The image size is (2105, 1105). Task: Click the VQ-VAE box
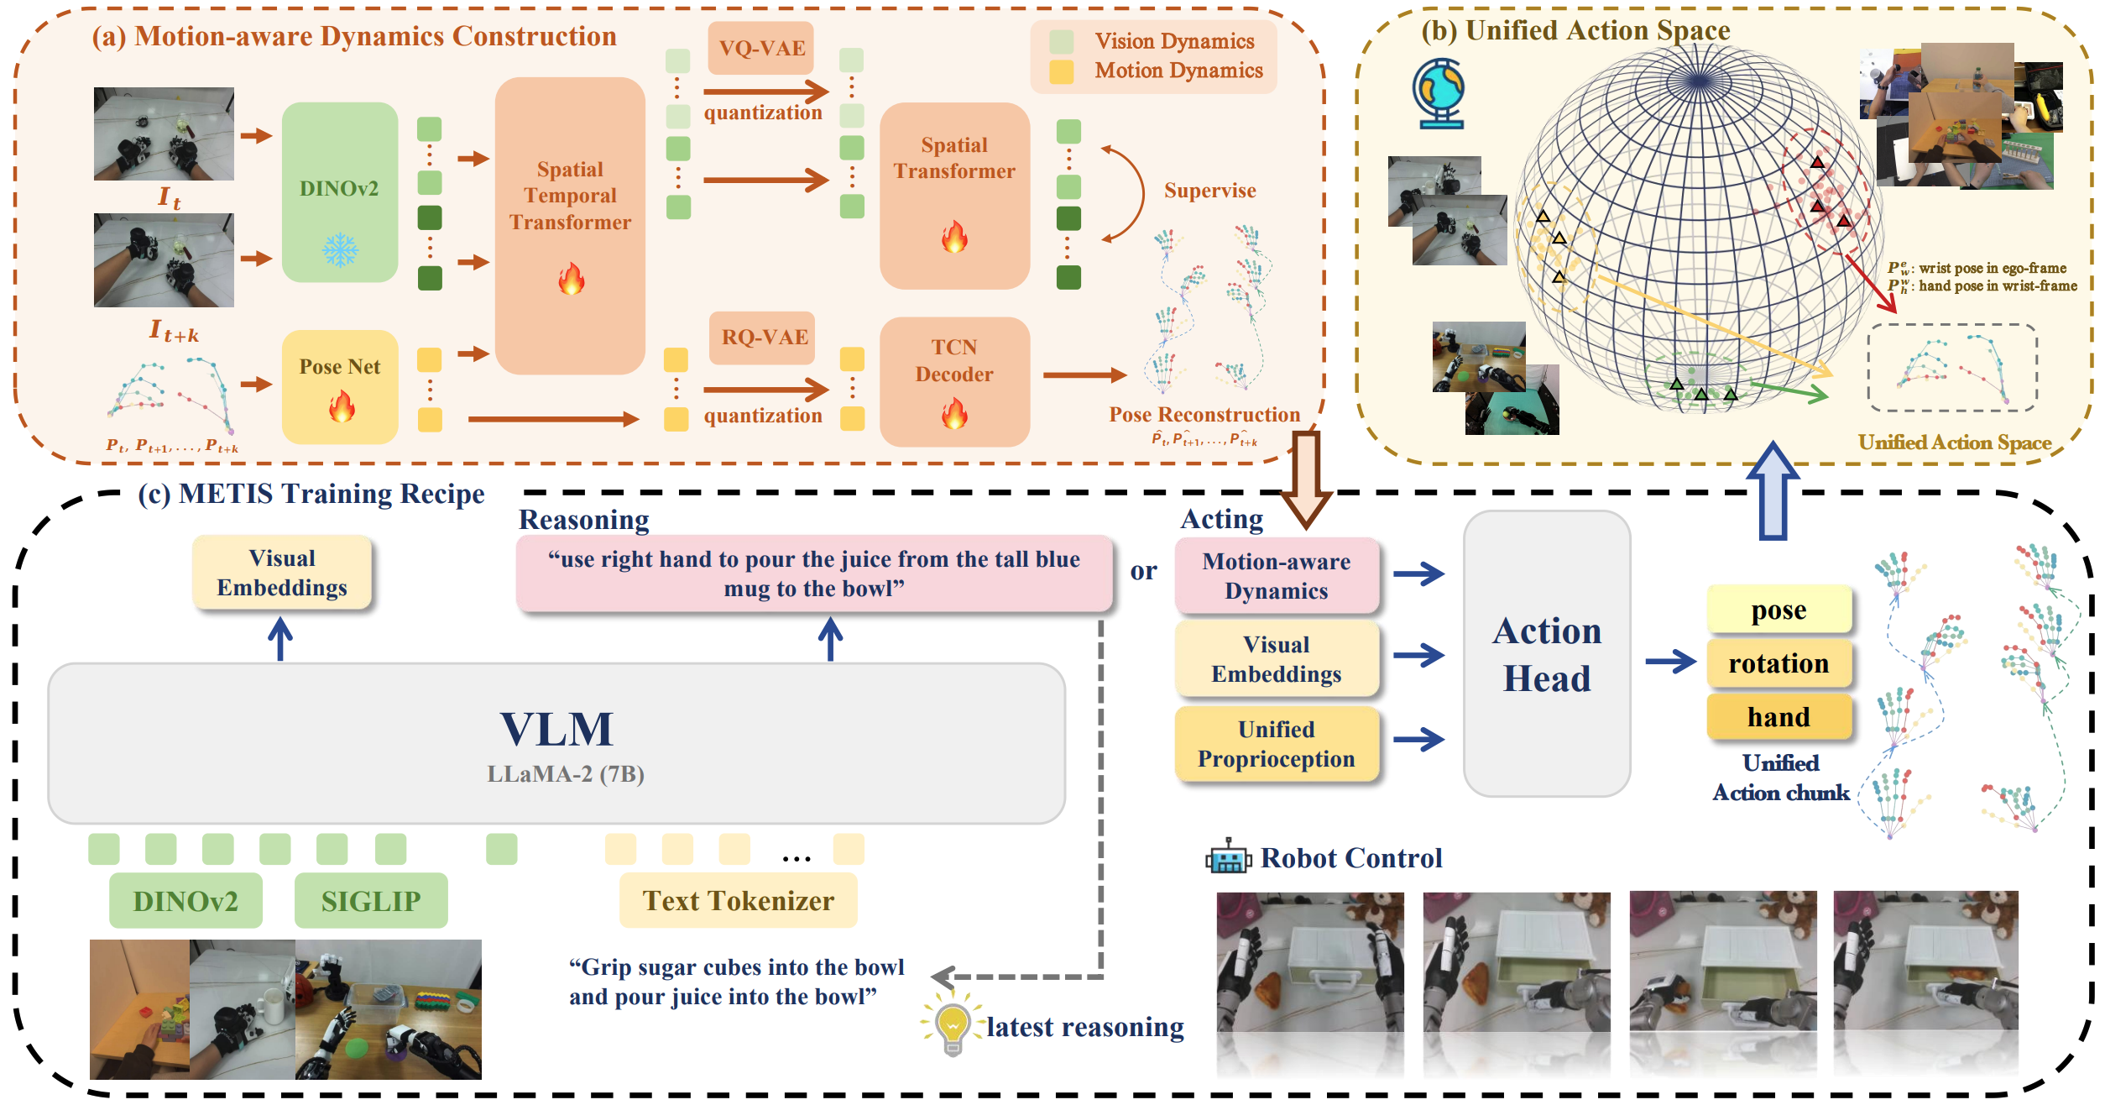761,48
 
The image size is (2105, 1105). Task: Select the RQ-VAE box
764,337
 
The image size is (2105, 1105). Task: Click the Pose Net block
340,386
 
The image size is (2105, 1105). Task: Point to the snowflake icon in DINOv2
340,249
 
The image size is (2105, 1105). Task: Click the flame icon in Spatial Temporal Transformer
571,279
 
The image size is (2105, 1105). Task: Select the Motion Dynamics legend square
1061,71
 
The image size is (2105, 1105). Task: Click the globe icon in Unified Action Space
1439,92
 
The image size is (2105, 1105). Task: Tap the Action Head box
1546,653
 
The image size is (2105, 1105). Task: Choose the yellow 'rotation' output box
1779,663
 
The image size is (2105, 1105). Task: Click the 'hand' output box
1779,716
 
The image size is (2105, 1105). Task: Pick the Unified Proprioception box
1276,744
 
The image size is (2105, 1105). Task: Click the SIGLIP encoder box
370,901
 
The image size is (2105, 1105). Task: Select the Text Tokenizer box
738,901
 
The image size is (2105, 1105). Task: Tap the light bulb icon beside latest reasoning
952,1025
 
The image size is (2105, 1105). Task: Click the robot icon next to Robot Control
1228,857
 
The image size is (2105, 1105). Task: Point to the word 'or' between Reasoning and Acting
1143,571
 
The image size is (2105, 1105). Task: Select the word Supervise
1209,191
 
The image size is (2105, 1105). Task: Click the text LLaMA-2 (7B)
565,773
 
